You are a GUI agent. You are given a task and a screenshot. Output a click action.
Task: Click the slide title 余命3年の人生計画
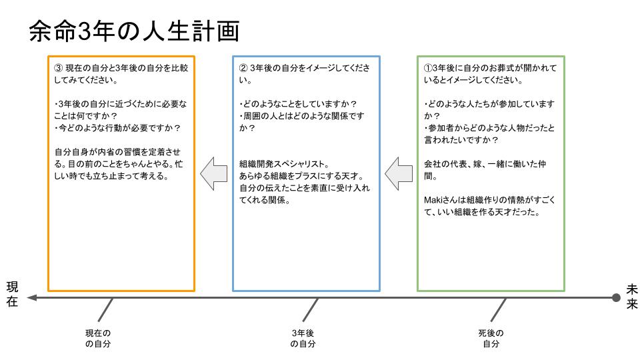pyautogui.click(x=134, y=31)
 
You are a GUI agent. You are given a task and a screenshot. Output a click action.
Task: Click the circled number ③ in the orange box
pyautogui.click(x=58, y=68)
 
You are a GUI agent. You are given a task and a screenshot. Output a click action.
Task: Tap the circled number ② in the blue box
pyautogui.click(x=243, y=68)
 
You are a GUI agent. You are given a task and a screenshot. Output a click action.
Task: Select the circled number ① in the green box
pyautogui.click(x=428, y=68)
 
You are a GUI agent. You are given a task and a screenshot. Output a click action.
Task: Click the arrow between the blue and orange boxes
pyautogui.click(x=213, y=173)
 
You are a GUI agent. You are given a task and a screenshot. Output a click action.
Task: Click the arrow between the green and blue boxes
pyautogui.click(x=399, y=173)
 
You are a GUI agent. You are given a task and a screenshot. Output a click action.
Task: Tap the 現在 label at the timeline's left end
pyautogui.click(x=12, y=294)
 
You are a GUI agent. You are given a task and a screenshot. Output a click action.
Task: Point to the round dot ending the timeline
pyautogui.click(x=616, y=298)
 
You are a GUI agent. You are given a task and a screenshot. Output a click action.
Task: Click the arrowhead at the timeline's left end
pyautogui.click(x=32, y=298)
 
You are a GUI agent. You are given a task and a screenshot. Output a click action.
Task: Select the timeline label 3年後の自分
pyautogui.click(x=303, y=339)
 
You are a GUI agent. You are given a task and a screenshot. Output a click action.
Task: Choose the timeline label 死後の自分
pyautogui.click(x=491, y=339)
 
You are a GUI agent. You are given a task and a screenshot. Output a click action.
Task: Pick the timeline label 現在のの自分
pyautogui.click(x=98, y=339)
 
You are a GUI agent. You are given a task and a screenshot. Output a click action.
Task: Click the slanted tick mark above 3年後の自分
pyautogui.click(x=311, y=309)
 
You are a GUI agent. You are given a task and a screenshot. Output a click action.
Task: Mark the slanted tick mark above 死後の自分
pyautogui.click(x=499, y=309)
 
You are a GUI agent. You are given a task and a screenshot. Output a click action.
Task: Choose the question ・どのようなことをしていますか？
pyautogui.click(x=297, y=104)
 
